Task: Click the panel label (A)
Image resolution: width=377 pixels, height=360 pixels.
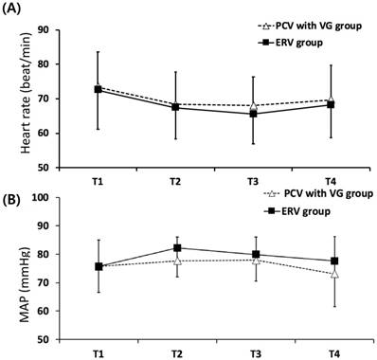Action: coord(11,8)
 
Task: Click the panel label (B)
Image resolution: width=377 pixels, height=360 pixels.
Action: coord(12,201)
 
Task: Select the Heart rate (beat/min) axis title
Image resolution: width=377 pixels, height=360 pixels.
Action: coord(27,94)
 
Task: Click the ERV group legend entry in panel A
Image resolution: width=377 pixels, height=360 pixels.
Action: coord(290,43)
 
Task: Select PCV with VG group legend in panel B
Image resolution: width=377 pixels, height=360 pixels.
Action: coord(318,193)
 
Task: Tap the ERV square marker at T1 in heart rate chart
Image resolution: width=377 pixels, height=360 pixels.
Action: coord(99,89)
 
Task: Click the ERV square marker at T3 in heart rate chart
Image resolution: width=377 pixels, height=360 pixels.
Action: coord(253,114)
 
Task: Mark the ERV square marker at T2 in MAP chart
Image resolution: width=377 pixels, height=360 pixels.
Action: coord(177,248)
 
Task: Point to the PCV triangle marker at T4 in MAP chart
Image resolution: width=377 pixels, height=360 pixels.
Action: coord(334,274)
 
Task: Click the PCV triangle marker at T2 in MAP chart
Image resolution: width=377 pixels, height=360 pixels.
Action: coord(177,261)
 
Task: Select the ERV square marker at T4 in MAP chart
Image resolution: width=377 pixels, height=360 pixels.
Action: coord(334,261)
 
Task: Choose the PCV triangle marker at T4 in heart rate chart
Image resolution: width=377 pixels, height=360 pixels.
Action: coord(331,99)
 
